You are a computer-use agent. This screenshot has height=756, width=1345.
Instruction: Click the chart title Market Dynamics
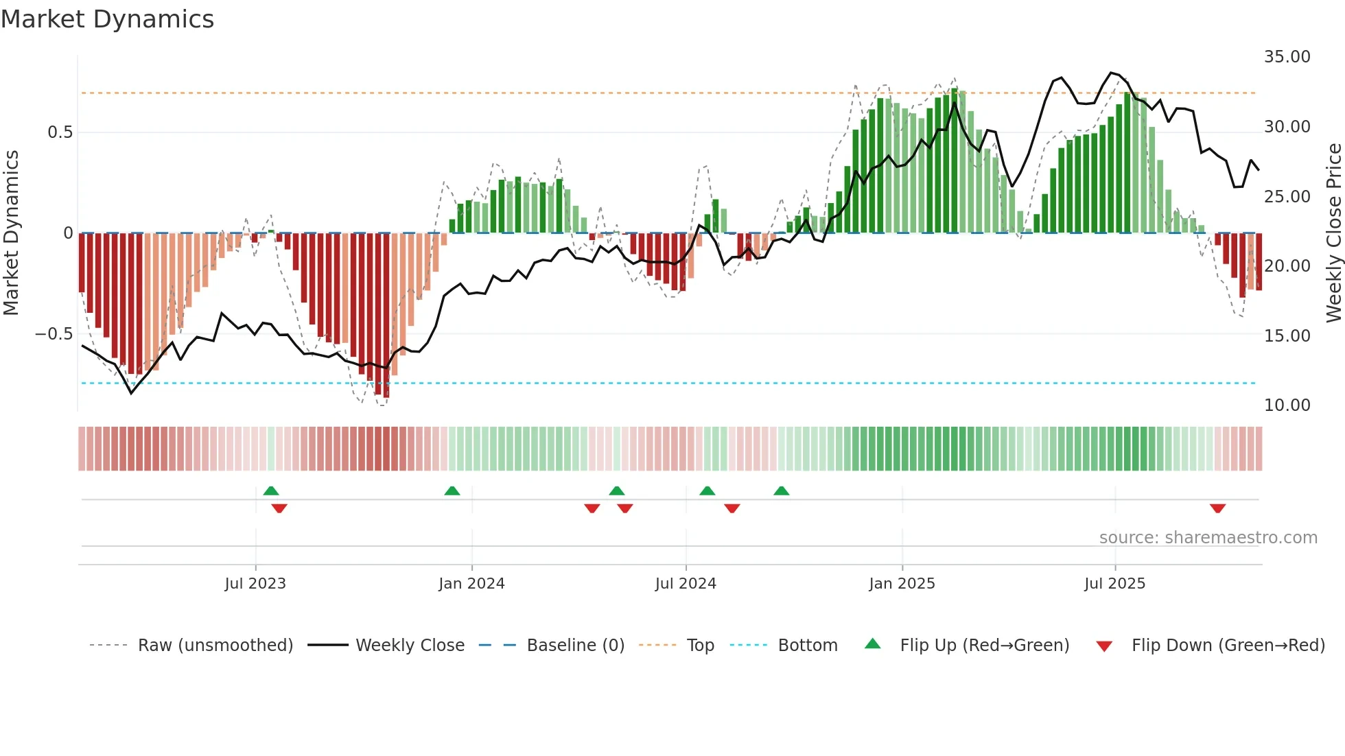(107, 19)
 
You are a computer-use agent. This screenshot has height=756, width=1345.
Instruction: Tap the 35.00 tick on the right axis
(1287, 57)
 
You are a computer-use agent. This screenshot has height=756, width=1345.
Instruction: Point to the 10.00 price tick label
(1287, 405)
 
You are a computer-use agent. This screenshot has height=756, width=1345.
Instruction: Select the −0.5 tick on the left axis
(54, 334)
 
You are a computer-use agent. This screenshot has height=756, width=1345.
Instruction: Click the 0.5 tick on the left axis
(60, 132)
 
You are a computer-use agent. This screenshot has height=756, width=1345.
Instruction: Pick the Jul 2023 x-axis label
(255, 584)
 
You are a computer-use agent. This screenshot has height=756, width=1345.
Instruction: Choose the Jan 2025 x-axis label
(902, 584)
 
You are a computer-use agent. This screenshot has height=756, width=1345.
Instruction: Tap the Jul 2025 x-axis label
(1114, 584)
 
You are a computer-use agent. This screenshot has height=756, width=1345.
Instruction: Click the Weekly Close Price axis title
(1333, 233)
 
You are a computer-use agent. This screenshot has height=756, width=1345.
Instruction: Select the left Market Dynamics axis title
(11, 233)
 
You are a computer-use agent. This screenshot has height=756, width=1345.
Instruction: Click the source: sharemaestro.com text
(1208, 538)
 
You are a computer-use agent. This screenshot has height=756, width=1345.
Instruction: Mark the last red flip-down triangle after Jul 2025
(1217, 508)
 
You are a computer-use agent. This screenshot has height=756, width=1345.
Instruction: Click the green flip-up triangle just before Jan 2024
(452, 491)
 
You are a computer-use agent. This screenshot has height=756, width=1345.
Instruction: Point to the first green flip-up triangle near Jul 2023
(271, 491)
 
